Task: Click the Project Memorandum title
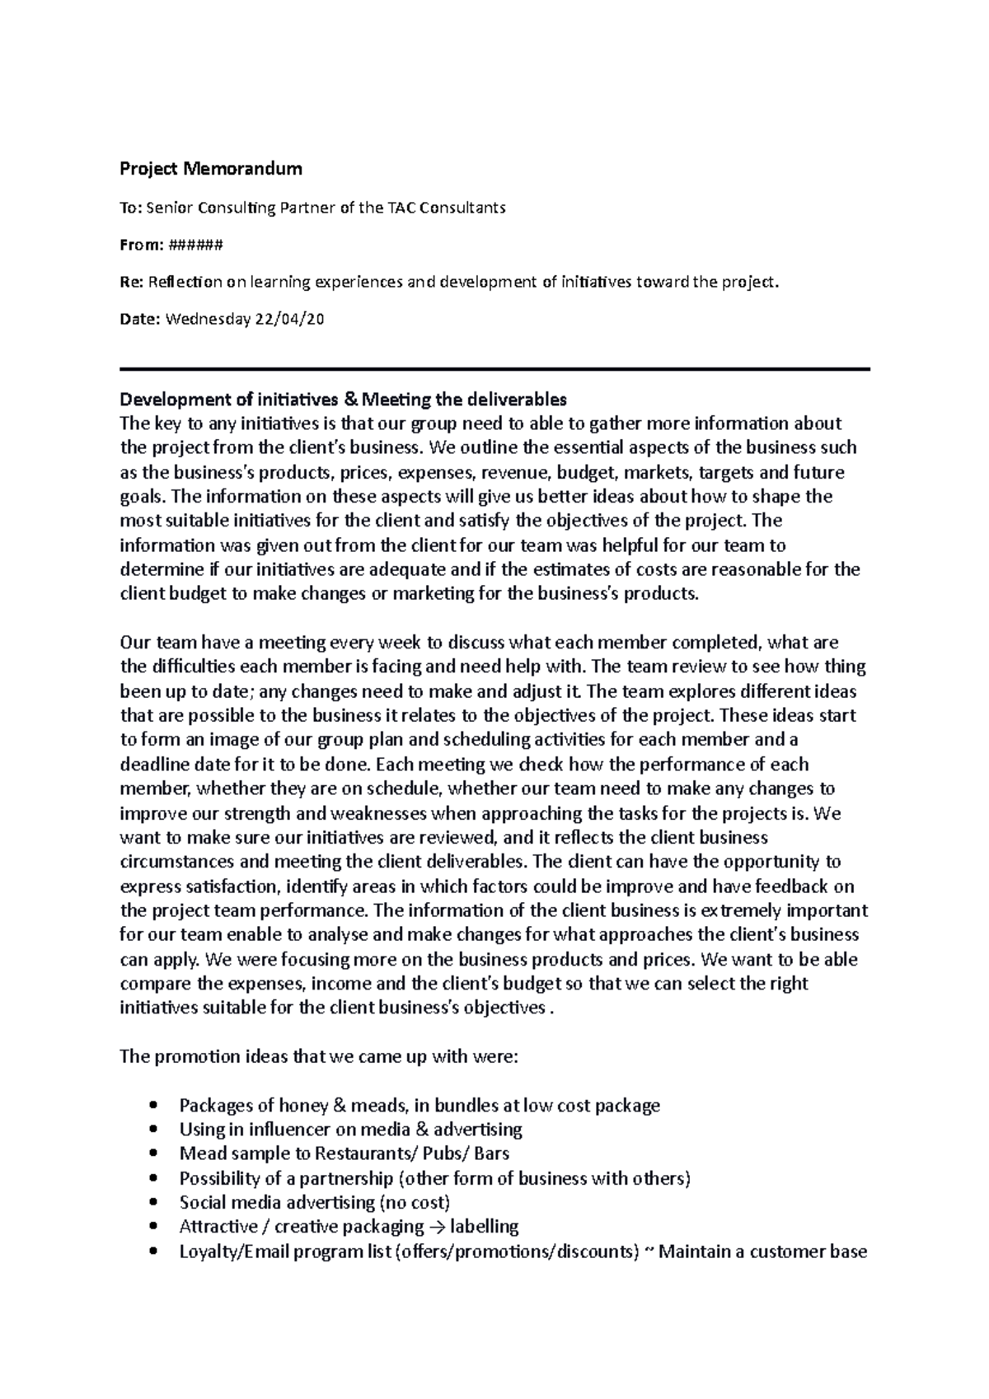(x=211, y=170)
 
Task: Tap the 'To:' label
(x=131, y=208)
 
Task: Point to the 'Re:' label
(x=132, y=283)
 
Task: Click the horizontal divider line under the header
(x=494, y=370)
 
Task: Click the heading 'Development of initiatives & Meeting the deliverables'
(x=343, y=400)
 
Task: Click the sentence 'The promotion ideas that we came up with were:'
(x=320, y=1056)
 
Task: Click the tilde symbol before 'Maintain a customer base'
(x=647, y=1252)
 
